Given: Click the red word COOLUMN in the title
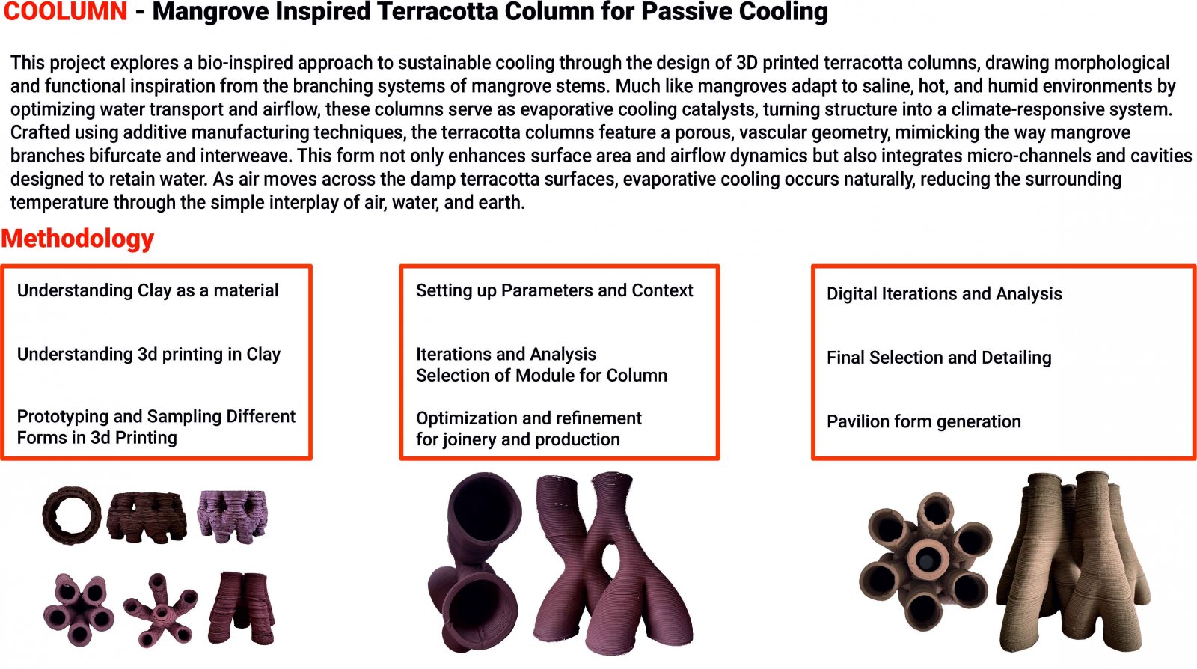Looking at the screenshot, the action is [x=65, y=11].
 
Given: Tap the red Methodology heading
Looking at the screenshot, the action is [x=78, y=238].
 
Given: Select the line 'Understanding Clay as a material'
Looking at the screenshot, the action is [x=147, y=290].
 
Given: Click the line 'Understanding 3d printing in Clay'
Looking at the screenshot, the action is [x=149, y=354].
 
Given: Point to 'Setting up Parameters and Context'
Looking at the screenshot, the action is [x=554, y=290].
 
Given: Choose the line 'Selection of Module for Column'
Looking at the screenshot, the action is [x=542, y=376].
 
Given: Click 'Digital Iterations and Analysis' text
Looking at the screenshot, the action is [x=944, y=293].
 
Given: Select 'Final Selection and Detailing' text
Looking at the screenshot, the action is [x=939, y=358].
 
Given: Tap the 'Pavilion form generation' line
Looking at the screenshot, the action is [x=923, y=421].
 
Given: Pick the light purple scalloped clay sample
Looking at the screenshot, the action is [x=233, y=516].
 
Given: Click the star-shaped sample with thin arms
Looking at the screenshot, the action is [x=160, y=610].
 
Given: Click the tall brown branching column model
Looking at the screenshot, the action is [x=1074, y=561].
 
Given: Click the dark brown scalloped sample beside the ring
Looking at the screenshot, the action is [x=147, y=517].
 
